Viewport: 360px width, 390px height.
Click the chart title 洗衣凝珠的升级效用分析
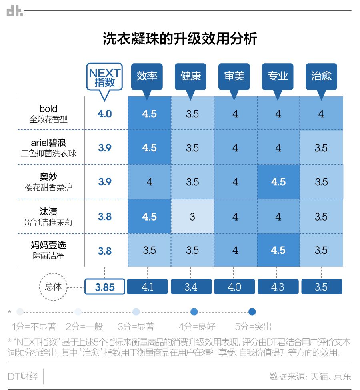180,39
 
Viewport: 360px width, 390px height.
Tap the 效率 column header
147,76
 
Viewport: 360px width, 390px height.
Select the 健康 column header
191,76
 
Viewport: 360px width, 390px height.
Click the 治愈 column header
322,76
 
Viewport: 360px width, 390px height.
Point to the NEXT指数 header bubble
104,78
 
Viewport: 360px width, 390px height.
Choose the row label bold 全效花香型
48,114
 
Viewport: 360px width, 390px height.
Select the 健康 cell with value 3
192,217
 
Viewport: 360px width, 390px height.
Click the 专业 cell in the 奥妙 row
278,182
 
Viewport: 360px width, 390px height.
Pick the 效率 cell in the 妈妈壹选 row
149,251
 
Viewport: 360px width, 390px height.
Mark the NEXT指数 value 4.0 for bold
105,114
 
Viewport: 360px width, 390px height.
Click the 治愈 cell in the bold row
321,114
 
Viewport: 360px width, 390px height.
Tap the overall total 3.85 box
105,287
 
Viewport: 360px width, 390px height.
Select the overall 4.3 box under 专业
278,287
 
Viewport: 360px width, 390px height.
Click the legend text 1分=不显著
34,326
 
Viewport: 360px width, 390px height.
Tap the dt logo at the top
15,11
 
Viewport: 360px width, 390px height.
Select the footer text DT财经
23,376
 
